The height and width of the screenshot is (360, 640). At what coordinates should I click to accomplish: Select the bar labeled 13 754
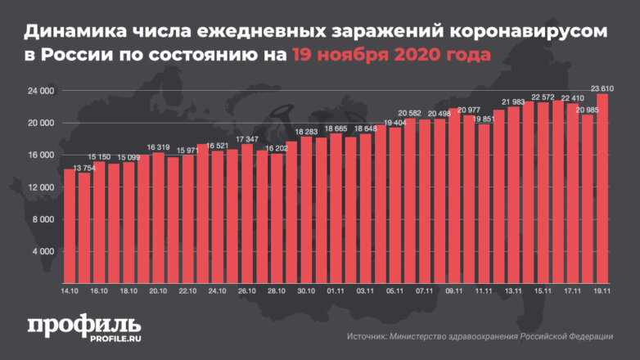pos(83,225)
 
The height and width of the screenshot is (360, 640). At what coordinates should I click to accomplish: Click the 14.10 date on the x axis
pos(70,290)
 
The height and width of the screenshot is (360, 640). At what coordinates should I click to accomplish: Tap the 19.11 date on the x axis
pos(602,290)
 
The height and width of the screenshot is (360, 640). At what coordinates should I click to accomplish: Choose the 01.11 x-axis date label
pos(336,290)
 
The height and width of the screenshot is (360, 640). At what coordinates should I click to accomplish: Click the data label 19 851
pos(485,119)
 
